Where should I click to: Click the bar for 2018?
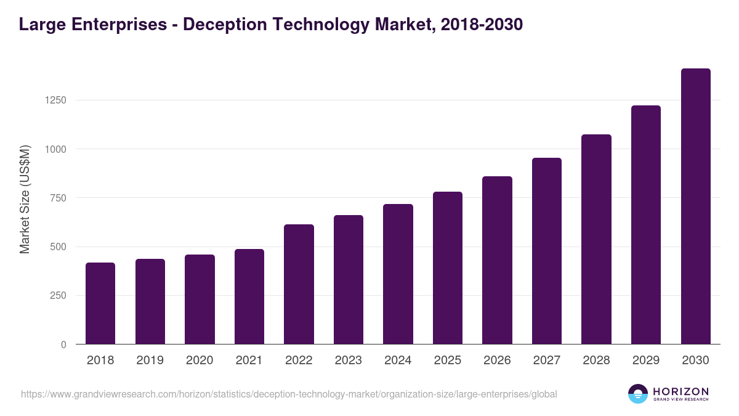tap(100, 303)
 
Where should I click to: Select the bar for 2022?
tap(299, 284)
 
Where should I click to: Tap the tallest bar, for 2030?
tap(695, 206)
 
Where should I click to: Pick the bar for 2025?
tap(448, 268)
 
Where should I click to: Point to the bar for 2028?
tap(596, 239)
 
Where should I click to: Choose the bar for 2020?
tap(200, 299)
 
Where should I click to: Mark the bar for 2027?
tap(547, 251)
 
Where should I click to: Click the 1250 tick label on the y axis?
tap(55, 100)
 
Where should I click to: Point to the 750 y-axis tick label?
tap(59, 198)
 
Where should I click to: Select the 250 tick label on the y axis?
tap(59, 296)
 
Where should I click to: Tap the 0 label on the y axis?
tap(63, 345)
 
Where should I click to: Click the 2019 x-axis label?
tap(150, 361)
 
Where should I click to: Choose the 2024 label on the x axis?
tap(398, 361)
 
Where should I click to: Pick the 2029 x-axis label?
tap(646, 361)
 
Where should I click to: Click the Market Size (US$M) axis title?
tap(25, 199)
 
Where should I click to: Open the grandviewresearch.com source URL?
tap(289, 394)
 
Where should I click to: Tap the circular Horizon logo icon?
tap(638, 394)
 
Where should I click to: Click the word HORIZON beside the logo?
tap(680, 391)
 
